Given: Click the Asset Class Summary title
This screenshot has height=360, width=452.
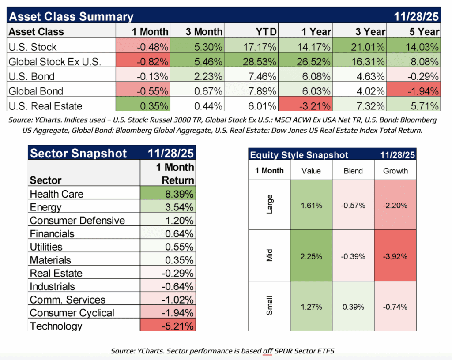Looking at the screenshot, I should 71,17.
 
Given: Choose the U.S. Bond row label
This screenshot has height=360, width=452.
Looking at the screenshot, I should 32,77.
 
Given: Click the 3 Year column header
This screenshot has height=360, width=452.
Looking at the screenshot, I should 370,32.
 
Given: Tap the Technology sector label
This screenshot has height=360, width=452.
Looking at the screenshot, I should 56,326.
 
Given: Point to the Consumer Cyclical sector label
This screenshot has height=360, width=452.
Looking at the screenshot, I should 72,313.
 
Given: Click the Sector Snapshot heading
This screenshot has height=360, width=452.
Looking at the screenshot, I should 78,154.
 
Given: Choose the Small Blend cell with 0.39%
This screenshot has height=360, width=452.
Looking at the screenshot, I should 353,307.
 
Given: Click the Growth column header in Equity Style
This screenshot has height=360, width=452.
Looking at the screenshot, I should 395,171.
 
